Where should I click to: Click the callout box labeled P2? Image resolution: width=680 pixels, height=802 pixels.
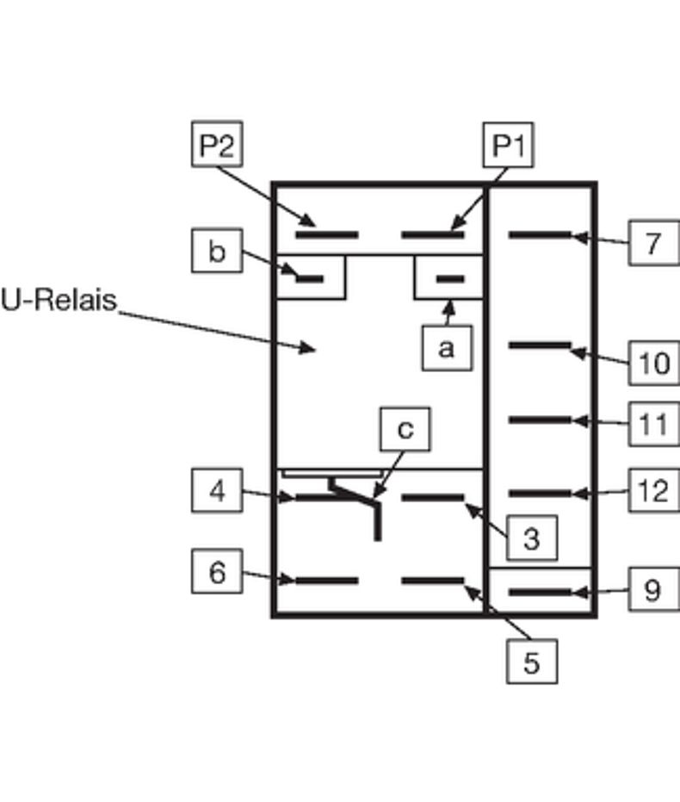(x=216, y=145)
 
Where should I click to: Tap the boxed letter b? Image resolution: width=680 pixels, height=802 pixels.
(x=216, y=252)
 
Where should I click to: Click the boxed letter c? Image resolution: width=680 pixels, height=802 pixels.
(x=405, y=429)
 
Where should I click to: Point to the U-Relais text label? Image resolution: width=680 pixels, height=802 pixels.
(x=59, y=302)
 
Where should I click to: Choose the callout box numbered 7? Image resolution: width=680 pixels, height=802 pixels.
(x=653, y=243)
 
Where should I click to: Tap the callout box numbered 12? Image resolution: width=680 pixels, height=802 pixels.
(x=653, y=490)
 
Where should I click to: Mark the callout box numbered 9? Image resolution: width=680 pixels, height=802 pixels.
(x=653, y=590)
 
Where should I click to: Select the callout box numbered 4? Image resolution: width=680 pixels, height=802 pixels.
(x=216, y=491)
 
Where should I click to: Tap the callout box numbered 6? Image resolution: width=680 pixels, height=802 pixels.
(x=216, y=572)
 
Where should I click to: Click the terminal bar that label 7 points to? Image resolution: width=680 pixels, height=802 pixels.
(x=540, y=234)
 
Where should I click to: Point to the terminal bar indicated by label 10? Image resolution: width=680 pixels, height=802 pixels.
(x=540, y=345)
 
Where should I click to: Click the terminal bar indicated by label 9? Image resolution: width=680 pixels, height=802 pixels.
(x=540, y=592)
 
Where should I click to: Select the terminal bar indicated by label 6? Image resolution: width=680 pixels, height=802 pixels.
(x=326, y=581)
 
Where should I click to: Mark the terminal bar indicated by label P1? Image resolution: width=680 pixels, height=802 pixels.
(x=433, y=234)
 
